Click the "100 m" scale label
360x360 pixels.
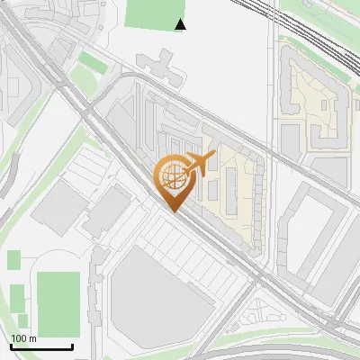point(23,338)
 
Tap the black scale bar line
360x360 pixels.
point(41,346)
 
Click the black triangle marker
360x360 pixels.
point(181,24)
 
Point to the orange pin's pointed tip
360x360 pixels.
point(175,212)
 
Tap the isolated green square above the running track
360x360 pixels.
point(13,260)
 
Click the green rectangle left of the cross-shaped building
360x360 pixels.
point(90,62)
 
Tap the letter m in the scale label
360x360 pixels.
point(32,338)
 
